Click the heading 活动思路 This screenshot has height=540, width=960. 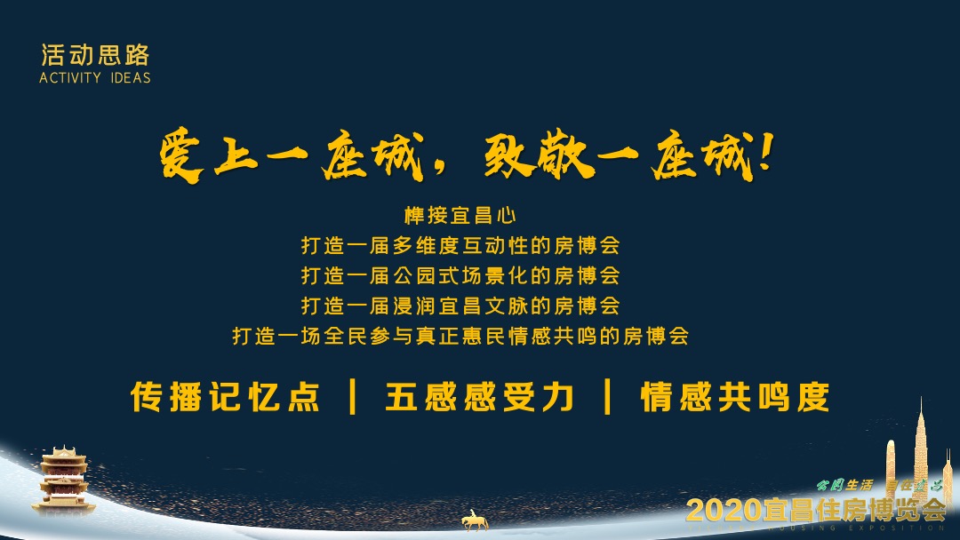(x=95, y=55)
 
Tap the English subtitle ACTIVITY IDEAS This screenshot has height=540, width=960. (x=95, y=77)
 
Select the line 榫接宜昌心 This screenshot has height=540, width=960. (x=460, y=215)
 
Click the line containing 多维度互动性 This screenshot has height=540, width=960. (x=460, y=245)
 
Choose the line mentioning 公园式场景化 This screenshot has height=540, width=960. (x=460, y=275)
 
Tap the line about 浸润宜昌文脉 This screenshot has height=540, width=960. (x=460, y=306)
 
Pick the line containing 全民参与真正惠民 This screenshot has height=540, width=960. (x=460, y=336)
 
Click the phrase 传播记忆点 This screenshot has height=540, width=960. (x=226, y=396)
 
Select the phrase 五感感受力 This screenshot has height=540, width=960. (x=480, y=396)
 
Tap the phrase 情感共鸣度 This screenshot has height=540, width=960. (x=735, y=396)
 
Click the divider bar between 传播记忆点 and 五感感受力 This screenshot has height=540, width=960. (x=353, y=396)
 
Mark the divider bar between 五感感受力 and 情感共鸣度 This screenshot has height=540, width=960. (x=608, y=396)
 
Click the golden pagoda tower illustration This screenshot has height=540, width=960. (x=63, y=480)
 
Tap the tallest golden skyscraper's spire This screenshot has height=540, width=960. (x=921, y=414)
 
